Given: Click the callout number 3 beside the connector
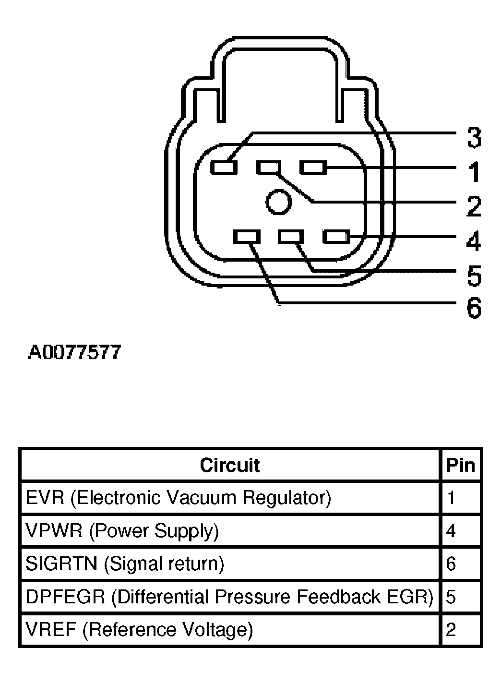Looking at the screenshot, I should click(474, 138).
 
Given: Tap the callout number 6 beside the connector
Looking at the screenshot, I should click(474, 308).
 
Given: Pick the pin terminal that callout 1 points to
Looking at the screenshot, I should click(313, 168).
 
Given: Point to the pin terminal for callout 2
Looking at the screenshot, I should click(268, 168).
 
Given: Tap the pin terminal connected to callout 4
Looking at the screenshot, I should click(336, 237).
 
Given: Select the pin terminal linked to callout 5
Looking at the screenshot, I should click(292, 237).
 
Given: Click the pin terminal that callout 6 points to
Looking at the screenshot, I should click(248, 237).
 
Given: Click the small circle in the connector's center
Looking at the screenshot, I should click(279, 202).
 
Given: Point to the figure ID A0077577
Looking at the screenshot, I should click(75, 353).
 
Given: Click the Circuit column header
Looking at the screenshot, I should click(230, 465).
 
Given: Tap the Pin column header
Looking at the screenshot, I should click(461, 465).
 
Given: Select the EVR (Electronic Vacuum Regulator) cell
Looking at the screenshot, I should click(178, 498).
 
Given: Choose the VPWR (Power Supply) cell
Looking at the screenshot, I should click(122, 531).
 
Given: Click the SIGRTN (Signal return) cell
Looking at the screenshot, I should click(125, 564).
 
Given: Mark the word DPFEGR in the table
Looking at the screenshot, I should click(65, 597).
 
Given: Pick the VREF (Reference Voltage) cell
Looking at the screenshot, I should click(139, 629).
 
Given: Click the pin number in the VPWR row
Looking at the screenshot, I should click(451, 531).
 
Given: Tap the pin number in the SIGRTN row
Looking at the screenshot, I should click(451, 564).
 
